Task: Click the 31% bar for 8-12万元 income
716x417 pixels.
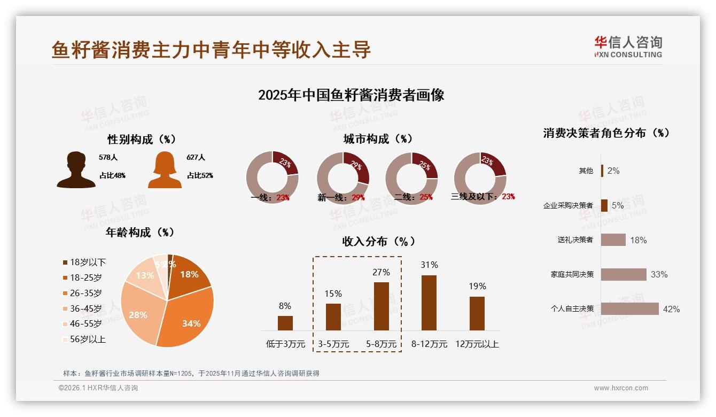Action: (x=429, y=303)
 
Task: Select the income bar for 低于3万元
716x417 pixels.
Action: (x=285, y=323)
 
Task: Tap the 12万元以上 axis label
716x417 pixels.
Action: (x=477, y=344)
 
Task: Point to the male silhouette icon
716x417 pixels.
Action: (x=76, y=170)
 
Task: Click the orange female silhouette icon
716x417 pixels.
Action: (x=165, y=170)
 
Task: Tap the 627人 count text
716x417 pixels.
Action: (x=196, y=158)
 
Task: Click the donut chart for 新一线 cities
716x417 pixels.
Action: (x=343, y=178)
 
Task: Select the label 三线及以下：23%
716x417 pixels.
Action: (x=482, y=197)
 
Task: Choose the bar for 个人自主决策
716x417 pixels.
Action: (x=629, y=309)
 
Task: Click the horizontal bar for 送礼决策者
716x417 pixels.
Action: (x=613, y=240)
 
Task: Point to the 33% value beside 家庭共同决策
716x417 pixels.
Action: (x=659, y=275)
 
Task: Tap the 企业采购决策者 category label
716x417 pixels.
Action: (x=568, y=206)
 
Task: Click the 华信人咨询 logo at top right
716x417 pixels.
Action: (x=628, y=47)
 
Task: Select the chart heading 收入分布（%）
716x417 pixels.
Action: (x=379, y=242)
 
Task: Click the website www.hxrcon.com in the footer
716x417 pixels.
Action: (x=621, y=388)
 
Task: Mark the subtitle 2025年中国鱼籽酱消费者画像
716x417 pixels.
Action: (x=351, y=96)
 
